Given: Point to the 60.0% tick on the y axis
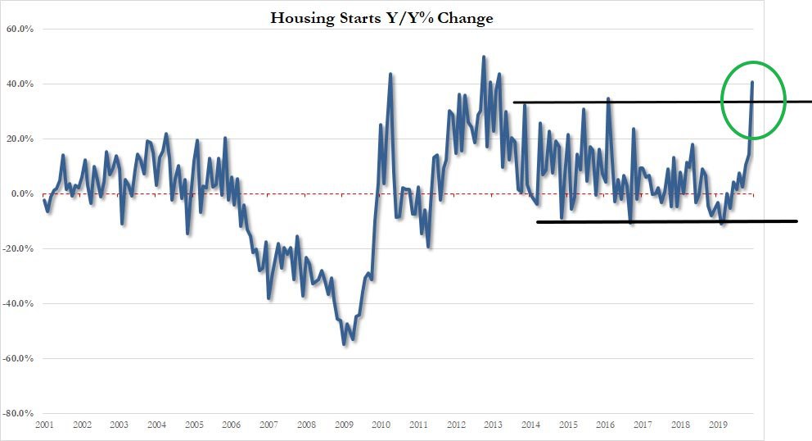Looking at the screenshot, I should coord(19,30).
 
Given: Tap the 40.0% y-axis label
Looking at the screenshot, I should coord(19,84).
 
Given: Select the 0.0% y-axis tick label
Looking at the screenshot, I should coord(21,194).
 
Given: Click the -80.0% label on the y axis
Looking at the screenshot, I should coord(18,414).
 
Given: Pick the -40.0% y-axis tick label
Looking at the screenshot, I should coord(18,304).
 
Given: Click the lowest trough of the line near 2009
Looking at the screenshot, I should coord(344,344).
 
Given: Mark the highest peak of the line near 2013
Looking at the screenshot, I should coord(483,57).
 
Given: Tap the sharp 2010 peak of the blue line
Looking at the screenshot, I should coord(390,74).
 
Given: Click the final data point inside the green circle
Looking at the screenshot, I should coord(752,82).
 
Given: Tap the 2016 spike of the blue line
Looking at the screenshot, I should coord(608,98).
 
